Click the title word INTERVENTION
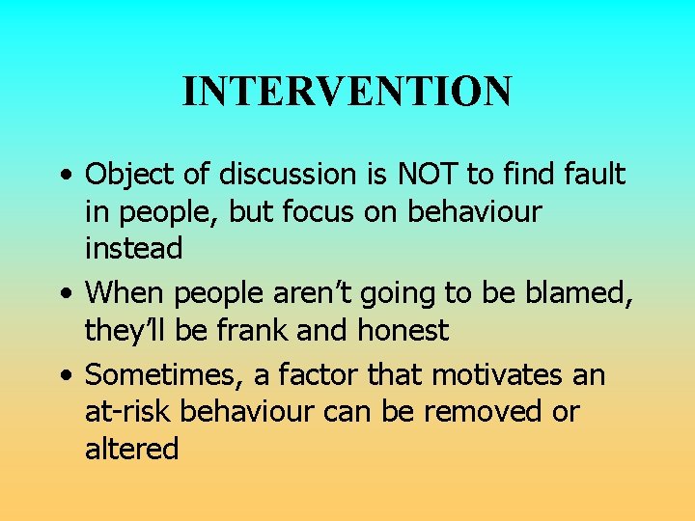click(347, 92)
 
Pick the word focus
click(336, 211)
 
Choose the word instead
click(133, 248)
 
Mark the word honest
click(403, 331)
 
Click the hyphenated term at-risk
click(128, 412)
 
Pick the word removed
click(472, 412)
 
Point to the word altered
click(131, 449)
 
